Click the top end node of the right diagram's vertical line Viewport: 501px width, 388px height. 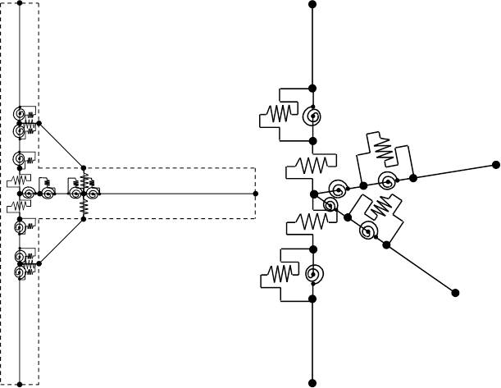pos(312,4)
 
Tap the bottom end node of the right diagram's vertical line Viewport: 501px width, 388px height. pos(312,382)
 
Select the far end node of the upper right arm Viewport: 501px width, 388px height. pos(495,164)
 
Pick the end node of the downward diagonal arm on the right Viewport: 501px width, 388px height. pos(455,292)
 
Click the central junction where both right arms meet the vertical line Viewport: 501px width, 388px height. pos(313,194)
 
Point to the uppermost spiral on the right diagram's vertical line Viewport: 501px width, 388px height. pos(312,117)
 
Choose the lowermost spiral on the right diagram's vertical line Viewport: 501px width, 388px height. pos(312,275)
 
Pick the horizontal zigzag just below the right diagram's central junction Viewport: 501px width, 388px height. pos(310,221)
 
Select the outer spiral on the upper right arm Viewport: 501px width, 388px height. pos(386,180)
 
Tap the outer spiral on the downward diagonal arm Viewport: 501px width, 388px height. pos(368,232)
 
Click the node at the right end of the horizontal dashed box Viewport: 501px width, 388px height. pos(256,194)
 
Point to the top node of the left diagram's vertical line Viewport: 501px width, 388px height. pos(20,3)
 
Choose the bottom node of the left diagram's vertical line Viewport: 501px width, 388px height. pos(20,383)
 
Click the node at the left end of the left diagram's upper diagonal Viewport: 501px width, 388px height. pos(39,124)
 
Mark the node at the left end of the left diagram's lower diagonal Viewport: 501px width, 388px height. pos(39,264)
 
